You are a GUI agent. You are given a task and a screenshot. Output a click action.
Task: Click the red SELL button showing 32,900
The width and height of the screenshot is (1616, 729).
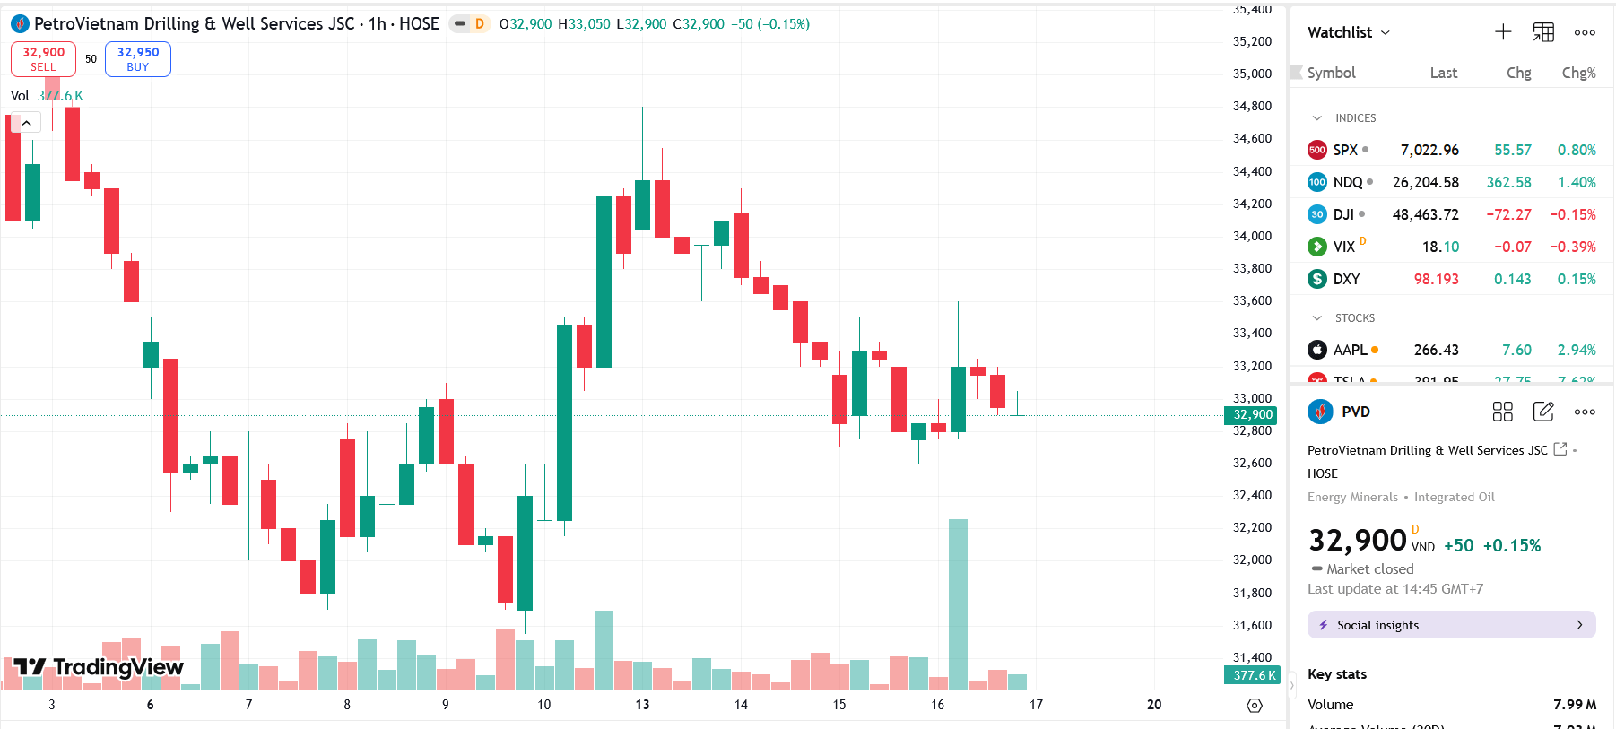43,59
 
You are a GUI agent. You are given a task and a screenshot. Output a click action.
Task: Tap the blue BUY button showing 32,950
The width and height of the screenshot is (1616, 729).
137,59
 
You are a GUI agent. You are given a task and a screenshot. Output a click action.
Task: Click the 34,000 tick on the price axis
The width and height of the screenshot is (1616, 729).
1252,236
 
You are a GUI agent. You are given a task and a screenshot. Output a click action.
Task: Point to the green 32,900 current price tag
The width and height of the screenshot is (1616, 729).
1252,414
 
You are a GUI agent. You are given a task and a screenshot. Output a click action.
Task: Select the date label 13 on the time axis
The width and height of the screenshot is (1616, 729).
642,705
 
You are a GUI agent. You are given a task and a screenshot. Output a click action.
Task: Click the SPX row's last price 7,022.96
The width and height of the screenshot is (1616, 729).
1429,150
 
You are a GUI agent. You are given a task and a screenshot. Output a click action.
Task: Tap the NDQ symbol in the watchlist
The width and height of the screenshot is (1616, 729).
1347,182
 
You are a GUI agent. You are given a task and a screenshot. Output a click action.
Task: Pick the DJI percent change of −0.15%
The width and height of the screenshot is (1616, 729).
1572,214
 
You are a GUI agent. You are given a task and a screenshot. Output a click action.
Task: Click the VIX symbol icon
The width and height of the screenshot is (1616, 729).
1316,247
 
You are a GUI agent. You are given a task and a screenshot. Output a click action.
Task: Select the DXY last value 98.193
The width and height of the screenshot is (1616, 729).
1436,279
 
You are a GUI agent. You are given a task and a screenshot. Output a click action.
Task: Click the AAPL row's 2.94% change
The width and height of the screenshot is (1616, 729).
1577,350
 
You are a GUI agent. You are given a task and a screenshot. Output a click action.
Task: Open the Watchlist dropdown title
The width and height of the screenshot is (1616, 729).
1348,32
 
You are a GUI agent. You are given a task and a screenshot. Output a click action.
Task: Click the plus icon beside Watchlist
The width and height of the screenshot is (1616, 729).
1503,32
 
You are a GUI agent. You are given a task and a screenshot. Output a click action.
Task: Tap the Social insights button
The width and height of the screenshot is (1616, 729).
1451,625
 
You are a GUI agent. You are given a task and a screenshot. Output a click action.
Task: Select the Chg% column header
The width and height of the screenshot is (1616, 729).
1578,73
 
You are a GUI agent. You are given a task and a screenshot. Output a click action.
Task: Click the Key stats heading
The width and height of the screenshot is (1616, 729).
1337,674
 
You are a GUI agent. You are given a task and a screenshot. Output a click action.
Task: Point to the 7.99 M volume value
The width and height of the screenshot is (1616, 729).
1575,705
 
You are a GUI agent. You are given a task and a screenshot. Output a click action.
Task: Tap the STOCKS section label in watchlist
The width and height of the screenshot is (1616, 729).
1354,318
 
